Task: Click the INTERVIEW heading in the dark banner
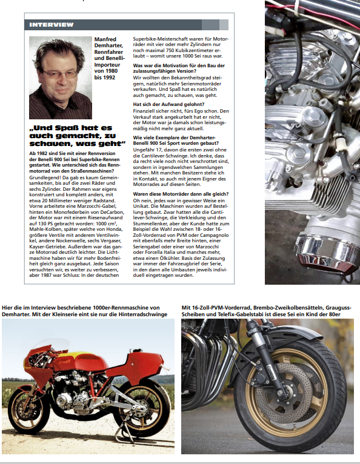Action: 52,25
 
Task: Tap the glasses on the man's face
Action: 60,73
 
